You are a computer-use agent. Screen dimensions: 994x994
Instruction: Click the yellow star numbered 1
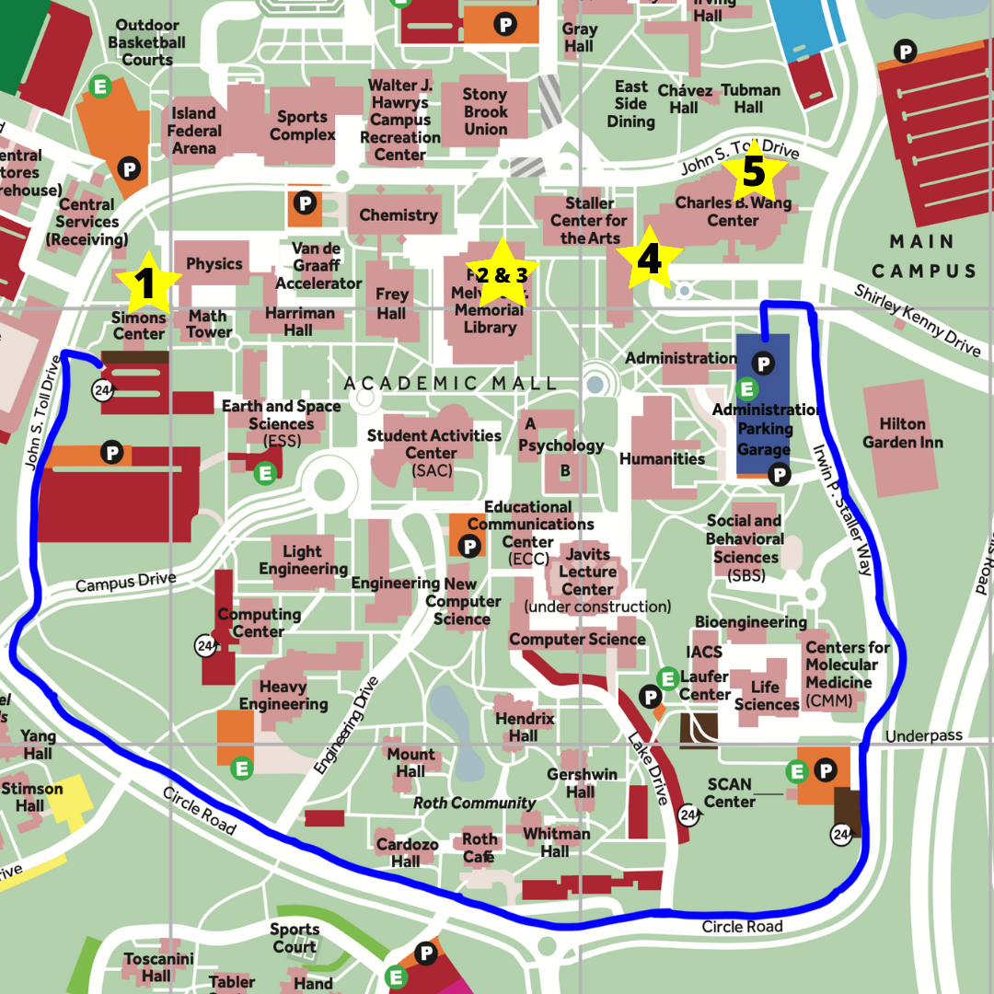(x=145, y=284)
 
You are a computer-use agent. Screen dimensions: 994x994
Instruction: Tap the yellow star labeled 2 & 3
(x=502, y=273)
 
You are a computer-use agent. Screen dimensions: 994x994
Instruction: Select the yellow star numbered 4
(x=649, y=260)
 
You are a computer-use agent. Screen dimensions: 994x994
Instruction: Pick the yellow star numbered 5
(x=753, y=172)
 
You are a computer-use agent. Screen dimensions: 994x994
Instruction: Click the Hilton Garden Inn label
(x=902, y=433)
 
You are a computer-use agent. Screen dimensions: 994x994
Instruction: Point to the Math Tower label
(x=209, y=323)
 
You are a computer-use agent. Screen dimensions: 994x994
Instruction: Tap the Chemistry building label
(x=398, y=215)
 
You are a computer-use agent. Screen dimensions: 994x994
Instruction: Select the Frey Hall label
(x=391, y=304)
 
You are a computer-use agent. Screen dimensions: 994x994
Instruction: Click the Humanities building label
(x=662, y=458)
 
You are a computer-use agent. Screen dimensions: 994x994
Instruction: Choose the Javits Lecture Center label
(x=587, y=572)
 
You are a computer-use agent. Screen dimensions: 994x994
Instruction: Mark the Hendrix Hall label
(x=525, y=727)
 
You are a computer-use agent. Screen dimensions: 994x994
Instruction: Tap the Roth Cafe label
(x=480, y=848)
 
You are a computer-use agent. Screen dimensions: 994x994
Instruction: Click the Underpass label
(x=923, y=735)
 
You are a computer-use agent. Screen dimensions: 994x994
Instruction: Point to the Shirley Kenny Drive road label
(x=917, y=319)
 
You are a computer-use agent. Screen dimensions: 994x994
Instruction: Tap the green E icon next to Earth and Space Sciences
(x=265, y=473)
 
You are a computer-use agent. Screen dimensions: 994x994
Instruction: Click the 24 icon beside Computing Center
(x=205, y=645)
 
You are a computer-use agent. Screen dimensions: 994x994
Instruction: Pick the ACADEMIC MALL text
(x=450, y=383)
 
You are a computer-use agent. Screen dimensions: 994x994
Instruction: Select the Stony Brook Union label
(x=485, y=111)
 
